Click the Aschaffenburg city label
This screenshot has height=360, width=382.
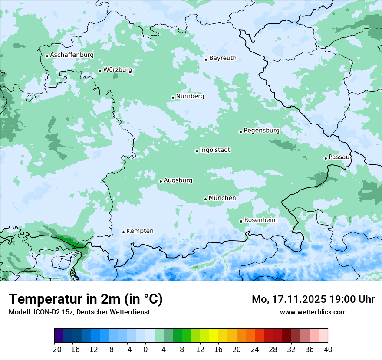pos(72,55)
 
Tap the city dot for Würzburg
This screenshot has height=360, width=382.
pos(100,71)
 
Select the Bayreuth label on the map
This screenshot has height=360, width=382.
pos(223,58)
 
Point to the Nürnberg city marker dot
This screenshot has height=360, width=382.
pos(173,98)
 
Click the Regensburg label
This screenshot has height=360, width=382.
pos(261,131)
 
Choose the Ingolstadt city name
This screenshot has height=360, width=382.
pos(215,150)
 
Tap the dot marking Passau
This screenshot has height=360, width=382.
pos(326,158)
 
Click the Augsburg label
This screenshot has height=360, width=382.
pos(178,180)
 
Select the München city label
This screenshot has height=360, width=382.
pos(222,198)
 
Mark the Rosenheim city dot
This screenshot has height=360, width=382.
pos(241,221)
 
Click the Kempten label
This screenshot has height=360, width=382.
pos(140,231)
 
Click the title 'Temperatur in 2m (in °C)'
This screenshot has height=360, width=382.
pos(86,299)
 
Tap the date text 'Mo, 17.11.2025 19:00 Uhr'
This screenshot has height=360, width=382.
pos(313,299)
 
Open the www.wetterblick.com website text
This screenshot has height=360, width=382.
pos(313,312)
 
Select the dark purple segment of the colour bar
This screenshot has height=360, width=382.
pos(59,336)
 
